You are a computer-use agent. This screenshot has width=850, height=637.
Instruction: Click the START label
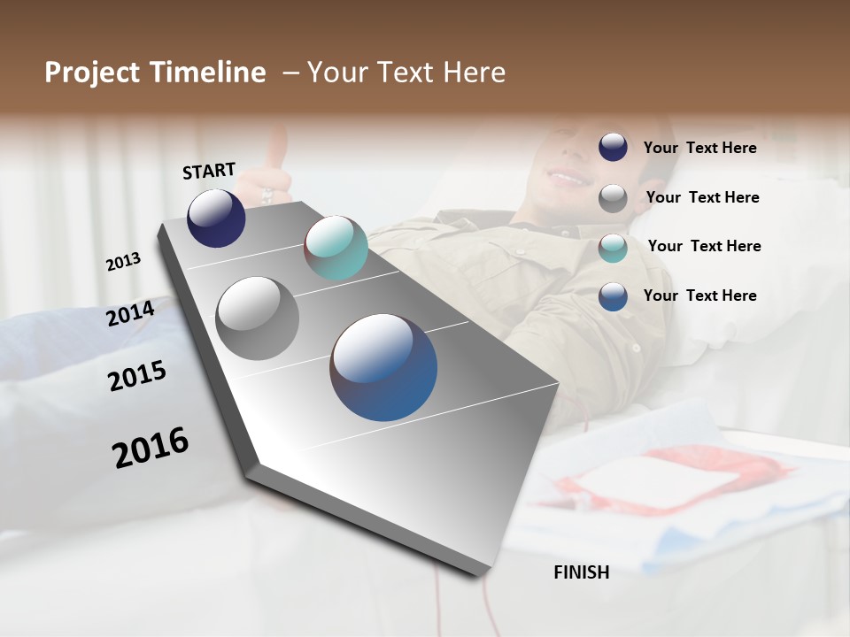(x=209, y=170)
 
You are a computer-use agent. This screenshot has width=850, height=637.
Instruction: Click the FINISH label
(x=581, y=572)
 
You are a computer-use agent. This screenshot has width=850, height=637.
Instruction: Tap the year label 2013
(x=123, y=262)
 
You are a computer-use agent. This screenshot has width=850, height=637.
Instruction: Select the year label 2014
(x=130, y=313)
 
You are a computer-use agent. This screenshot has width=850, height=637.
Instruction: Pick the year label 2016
(x=151, y=448)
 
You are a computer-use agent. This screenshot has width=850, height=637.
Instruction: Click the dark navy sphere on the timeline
(x=216, y=218)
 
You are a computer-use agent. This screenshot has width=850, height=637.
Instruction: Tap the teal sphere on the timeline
(x=336, y=248)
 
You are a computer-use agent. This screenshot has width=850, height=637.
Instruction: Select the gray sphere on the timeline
(x=258, y=318)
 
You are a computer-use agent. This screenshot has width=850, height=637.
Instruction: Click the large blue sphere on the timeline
(x=383, y=367)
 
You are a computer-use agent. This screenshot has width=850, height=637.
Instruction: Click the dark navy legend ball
(x=613, y=147)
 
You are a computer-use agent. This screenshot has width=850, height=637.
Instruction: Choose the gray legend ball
(x=613, y=197)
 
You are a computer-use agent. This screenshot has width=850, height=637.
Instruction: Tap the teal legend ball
(x=613, y=247)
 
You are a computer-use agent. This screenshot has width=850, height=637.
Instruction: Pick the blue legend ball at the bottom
(x=613, y=296)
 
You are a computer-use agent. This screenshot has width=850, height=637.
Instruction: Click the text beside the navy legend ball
(x=699, y=148)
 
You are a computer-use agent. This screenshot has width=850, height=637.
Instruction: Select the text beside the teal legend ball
(x=704, y=246)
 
